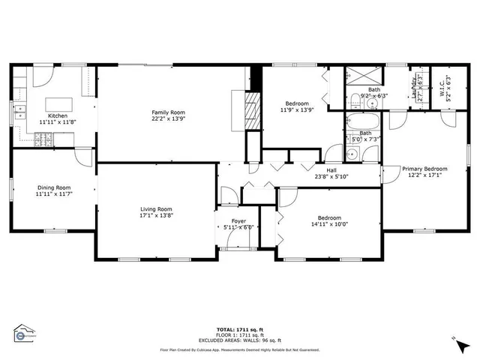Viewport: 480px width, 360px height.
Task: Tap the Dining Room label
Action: click(53, 187)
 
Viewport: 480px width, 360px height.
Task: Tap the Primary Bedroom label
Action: click(424, 169)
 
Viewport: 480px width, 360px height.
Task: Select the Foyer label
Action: click(238, 220)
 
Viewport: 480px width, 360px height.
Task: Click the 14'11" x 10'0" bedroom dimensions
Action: click(329, 223)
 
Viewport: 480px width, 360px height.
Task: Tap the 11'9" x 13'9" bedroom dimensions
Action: click(291, 110)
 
